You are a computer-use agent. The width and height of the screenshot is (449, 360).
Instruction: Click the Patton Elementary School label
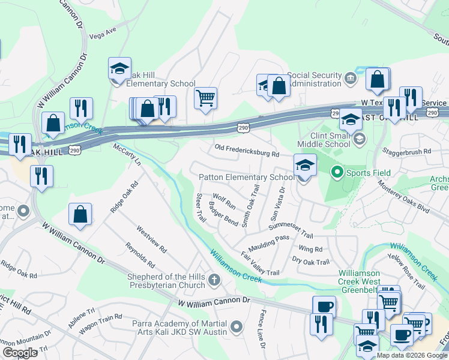tap(247, 177)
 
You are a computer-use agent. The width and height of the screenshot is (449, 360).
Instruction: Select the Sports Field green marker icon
tap(337, 173)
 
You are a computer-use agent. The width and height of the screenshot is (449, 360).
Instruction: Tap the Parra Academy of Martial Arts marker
tap(237, 328)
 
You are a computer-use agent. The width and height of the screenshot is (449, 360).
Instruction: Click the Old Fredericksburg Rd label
tap(247, 150)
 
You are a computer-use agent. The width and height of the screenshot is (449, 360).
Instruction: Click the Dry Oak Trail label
tap(311, 262)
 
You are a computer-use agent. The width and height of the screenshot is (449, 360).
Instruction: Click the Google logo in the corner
tap(20, 352)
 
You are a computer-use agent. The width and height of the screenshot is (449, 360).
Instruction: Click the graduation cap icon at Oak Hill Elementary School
tap(119, 69)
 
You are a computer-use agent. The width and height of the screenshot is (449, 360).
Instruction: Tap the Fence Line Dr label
tap(262, 330)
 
